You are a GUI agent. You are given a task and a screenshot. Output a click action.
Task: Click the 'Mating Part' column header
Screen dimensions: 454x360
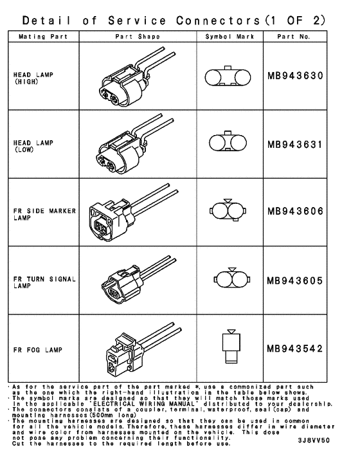pyautogui.click(x=42, y=37)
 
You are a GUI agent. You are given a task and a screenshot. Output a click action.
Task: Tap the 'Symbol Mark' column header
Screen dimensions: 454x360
pyautogui.click(x=230, y=37)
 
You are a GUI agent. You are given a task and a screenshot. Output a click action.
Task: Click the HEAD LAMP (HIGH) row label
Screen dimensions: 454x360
pyautogui.click(x=32, y=78)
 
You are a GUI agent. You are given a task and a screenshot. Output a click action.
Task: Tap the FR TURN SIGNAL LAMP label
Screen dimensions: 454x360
pyautogui.click(x=40, y=282)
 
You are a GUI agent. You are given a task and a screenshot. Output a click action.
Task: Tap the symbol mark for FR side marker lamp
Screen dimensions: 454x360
pyautogui.click(x=229, y=210)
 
